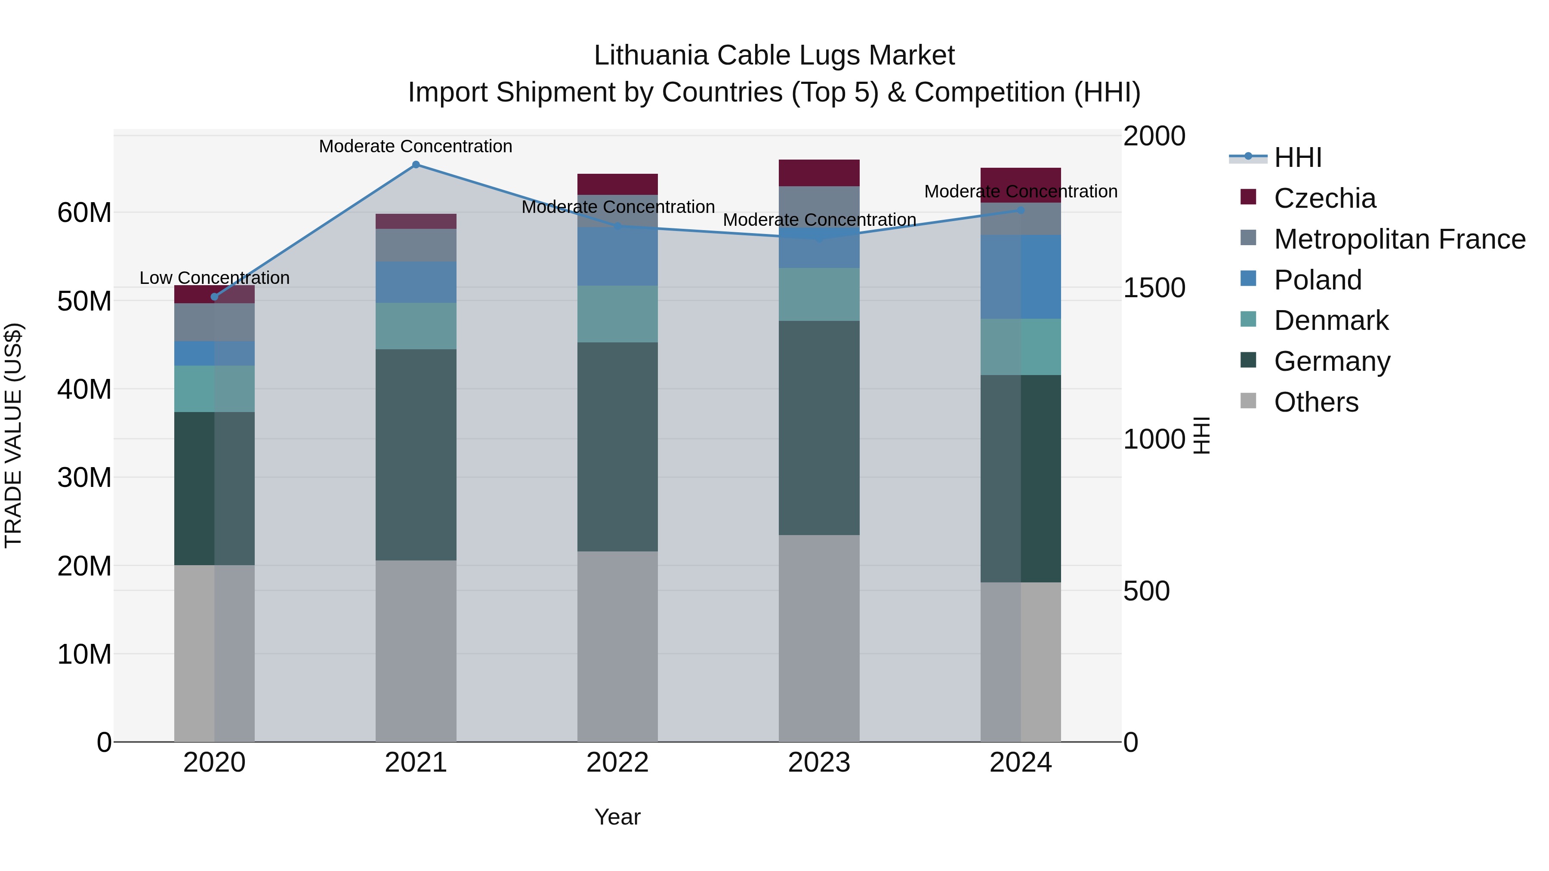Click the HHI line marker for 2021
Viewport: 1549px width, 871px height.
[x=416, y=165]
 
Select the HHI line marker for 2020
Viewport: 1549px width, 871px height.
[x=215, y=296]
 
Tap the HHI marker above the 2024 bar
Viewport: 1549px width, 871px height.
[x=1021, y=210]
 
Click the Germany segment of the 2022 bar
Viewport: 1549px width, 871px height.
[x=617, y=446]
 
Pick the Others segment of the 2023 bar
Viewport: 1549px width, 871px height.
[x=819, y=638]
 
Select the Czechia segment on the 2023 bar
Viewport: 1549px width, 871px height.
[x=819, y=173]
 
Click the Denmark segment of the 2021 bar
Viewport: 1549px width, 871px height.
[x=416, y=326]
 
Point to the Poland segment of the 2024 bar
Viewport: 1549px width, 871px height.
[x=1021, y=277]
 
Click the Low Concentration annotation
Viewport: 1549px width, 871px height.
[x=215, y=278]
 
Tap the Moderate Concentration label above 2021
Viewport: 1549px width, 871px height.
[x=416, y=146]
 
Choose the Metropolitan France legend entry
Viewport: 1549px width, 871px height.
[x=1399, y=239]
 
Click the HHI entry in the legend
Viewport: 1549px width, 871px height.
[x=1298, y=157]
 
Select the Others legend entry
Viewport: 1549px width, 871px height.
[x=1316, y=402]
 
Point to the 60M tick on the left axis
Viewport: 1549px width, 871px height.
[x=84, y=213]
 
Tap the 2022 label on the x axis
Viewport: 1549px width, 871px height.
[x=617, y=763]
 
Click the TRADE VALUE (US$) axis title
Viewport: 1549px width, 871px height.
[x=13, y=435]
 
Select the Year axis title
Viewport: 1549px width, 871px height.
[x=617, y=817]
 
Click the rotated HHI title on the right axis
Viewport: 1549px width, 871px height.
[x=1201, y=435]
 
